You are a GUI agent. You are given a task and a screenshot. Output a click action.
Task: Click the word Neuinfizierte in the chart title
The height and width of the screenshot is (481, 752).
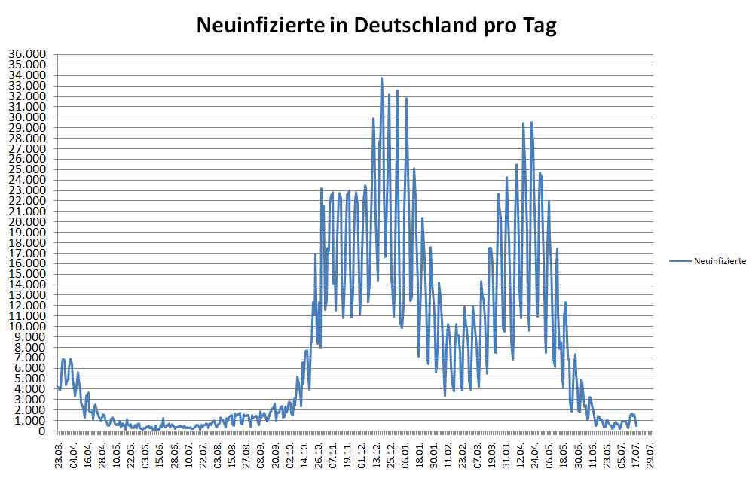[x=261, y=26]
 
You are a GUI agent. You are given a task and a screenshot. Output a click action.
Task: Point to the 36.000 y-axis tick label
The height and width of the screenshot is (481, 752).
[x=26, y=55]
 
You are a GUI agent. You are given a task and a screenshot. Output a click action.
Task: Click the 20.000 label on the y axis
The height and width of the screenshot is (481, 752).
[x=26, y=222]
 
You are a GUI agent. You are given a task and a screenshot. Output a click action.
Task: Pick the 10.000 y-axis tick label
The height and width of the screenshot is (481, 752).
[x=26, y=327]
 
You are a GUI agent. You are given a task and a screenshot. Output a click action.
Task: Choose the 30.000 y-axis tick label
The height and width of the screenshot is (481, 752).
[x=26, y=117]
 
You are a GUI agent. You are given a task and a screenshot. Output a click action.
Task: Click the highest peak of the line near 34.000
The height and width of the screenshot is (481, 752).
[x=381, y=78]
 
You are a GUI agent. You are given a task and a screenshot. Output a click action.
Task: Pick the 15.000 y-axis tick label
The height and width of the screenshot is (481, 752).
[x=26, y=275]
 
